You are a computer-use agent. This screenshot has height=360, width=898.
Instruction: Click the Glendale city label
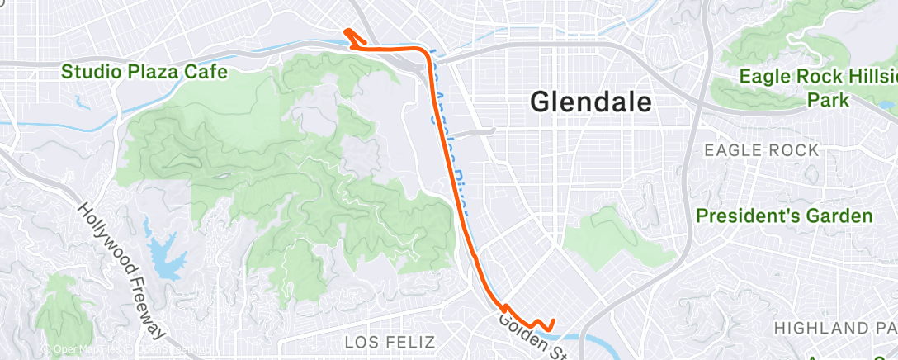pos(592,102)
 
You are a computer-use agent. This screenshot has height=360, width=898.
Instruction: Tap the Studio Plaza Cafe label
pos(144,72)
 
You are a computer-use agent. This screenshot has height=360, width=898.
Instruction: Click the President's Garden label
pos(784,216)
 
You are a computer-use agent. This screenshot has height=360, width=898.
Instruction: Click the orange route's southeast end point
pos(551,321)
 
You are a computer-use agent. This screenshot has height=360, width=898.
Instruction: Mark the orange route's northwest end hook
pos(348,32)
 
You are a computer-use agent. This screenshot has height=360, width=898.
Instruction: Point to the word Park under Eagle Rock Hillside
pos(829,100)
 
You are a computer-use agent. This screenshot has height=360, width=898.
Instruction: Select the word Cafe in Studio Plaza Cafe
pos(207,72)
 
